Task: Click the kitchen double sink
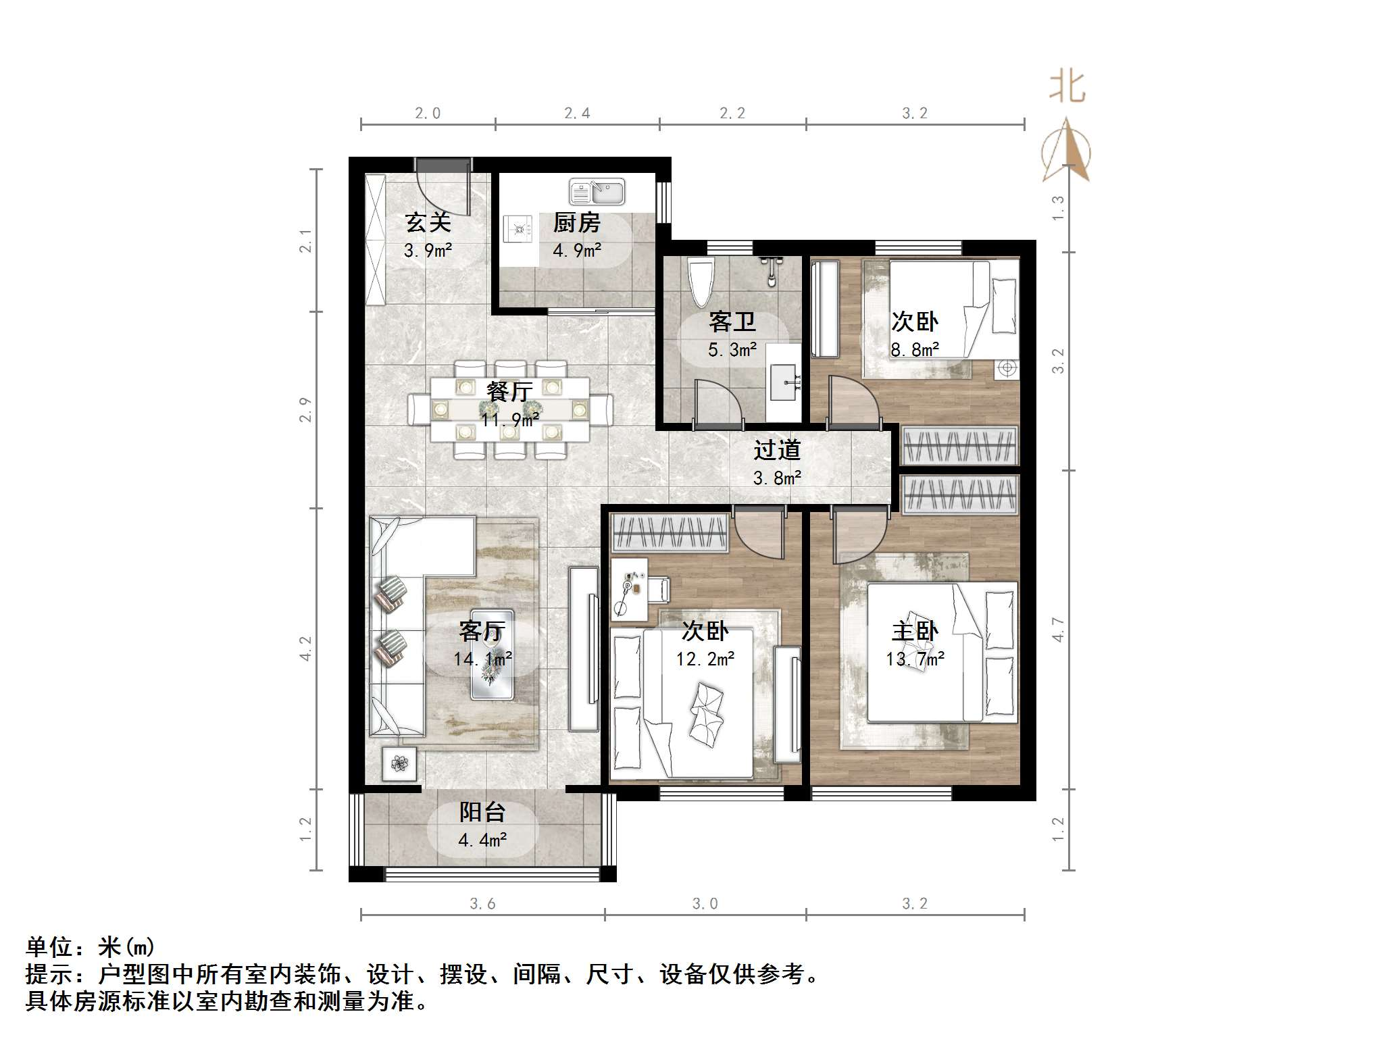click(x=597, y=192)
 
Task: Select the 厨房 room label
click(x=576, y=223)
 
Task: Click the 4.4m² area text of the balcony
click(x=482, y=840)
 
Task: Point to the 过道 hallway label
click(x=777, y=450)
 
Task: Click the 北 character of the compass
click(x=1067, y=87)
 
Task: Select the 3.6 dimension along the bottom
click(x=482, y=904)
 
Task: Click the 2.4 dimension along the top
click(x=577, y=113)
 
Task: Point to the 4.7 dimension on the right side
click(x=1058, y=630)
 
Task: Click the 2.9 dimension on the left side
click(x=306, y=410)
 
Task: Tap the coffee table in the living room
click(x=492, y=654)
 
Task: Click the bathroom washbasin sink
click(x=784, y=382)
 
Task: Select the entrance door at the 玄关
click(x=443, y=166)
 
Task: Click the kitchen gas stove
click(x=518, y=229)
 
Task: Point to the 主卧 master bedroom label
click(x=915, y=631)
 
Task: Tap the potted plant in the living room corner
click(x=400, y=764)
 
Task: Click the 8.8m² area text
click(x=915, y=350)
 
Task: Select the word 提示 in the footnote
click(x=49, y=973)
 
